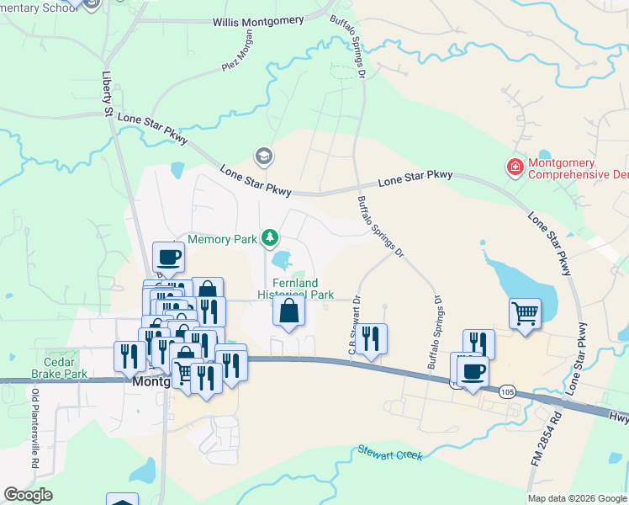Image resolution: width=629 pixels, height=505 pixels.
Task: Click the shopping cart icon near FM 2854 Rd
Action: point(526,314)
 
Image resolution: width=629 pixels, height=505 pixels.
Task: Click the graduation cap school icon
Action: point(263,157)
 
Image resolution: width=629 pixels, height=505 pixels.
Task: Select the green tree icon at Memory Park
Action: point(269,239)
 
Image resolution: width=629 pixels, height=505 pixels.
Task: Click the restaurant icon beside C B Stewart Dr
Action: point(371,338)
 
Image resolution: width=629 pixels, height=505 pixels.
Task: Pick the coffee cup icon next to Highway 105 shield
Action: point(473,371)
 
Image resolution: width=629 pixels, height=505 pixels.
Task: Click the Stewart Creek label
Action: point(389,453)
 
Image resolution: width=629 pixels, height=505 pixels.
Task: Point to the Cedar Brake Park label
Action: point(59,368)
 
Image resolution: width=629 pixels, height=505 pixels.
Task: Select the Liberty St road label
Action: point(108,94)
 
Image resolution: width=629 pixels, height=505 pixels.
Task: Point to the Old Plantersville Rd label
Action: point(35,428)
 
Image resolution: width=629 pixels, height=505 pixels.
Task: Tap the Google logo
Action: point(28,495)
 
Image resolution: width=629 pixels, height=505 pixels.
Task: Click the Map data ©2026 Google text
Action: point(576,498)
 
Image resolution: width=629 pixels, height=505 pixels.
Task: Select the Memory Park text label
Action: point(222,240)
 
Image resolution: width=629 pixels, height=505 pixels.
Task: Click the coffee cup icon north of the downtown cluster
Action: point(168,257)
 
